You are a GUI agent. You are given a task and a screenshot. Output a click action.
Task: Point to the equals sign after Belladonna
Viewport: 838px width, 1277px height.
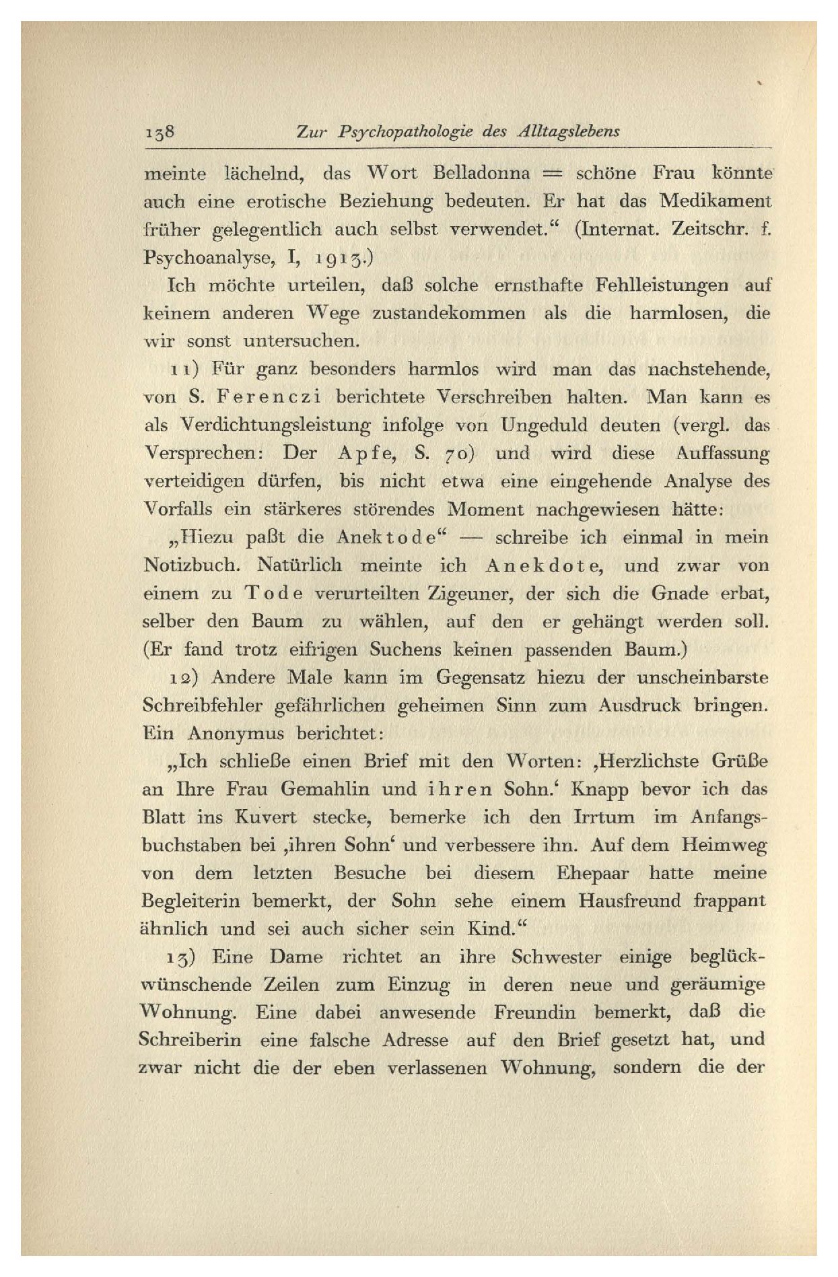click(552, 174)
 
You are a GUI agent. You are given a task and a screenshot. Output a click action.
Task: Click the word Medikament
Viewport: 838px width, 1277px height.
click(715, 201)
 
